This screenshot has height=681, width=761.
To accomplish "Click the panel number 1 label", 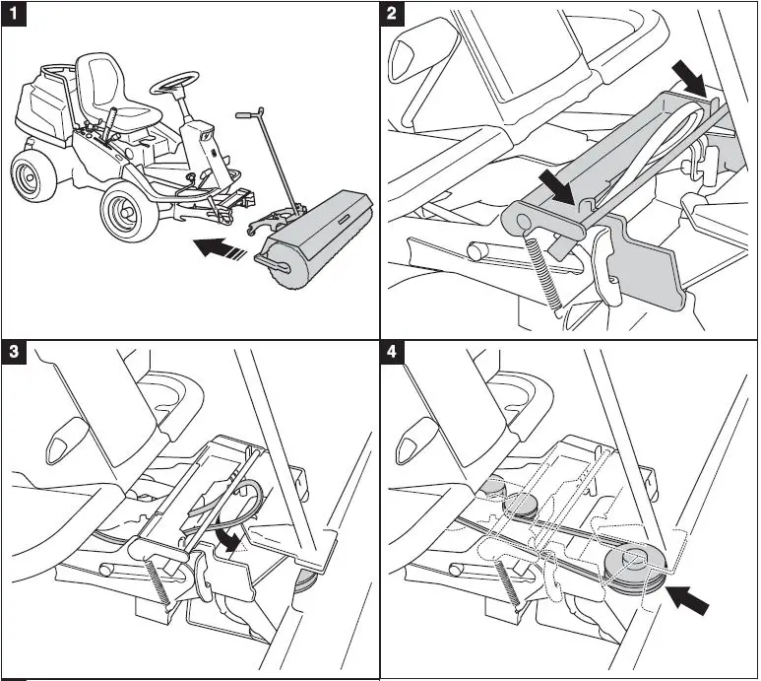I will point(13,13).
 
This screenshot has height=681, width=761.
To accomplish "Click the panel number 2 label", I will point(392,13).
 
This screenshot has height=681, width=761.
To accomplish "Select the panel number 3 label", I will point(13,353).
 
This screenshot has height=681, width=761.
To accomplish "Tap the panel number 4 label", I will point(392,353).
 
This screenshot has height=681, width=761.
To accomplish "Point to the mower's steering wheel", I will point(174,82).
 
